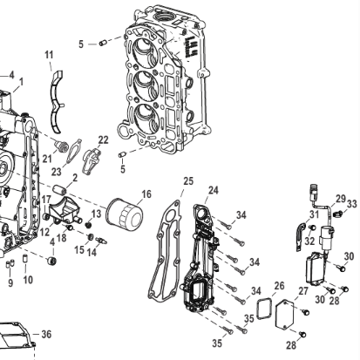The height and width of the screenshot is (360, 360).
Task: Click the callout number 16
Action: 146,194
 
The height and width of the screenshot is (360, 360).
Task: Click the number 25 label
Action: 187,180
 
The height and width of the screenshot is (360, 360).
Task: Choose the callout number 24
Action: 214,189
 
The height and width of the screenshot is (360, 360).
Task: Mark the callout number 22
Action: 103,139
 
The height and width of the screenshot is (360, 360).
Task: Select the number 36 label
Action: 46,334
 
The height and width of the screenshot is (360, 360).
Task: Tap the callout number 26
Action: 280,284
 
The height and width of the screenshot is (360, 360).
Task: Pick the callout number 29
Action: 341,199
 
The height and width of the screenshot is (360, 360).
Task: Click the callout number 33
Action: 352,204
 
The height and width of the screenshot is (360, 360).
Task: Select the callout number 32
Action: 311,241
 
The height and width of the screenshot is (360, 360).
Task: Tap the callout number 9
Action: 10,282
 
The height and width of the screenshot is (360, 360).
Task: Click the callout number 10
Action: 28,280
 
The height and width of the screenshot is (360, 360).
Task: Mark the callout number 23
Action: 57,172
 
